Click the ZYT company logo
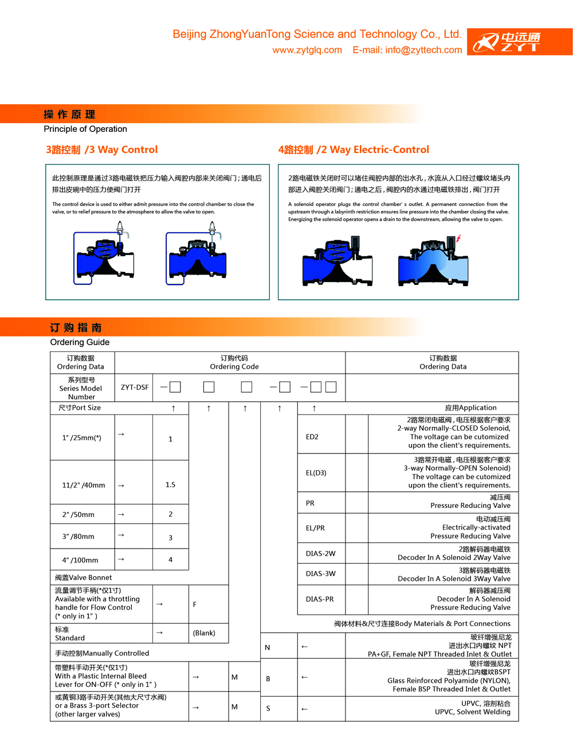pyautogui.click(x=520, y=42)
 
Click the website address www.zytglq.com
pyautogui.click(x=307, y=50)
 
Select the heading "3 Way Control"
pyautogui.click(x=102, y=150)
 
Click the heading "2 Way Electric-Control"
pyautogui.click(x=354, y=150)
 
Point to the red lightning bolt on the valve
pyautogui.click(x=458, y=238)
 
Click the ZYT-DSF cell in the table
pyautogui.click(x=135, y=388)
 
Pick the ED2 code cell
pyautogui.click(x=312, y=437)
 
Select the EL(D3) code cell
pyautogui.click(x=316, y=473)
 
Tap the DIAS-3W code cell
pyautogui.click(x=321, y=573)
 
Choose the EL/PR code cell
pyautogui.click(x=315, y=528)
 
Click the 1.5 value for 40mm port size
pyautogui.click(x=170, y=485)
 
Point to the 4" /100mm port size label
pyautogui.click(x=80, y=560)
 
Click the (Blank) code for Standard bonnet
pyautogui.click(x=204, y=633)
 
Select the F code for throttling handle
pyautogui.click(x=195, y=604)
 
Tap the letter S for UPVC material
pyautogui.click(x=268, y=709)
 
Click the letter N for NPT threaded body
pyautogui.click(x=268, y=647)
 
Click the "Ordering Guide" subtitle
pyautogui.click(x=80, y=342)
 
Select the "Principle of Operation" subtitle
pyautogui.click(x=85, y=130)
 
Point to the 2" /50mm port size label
pyautogui.click(x=79, y=515)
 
